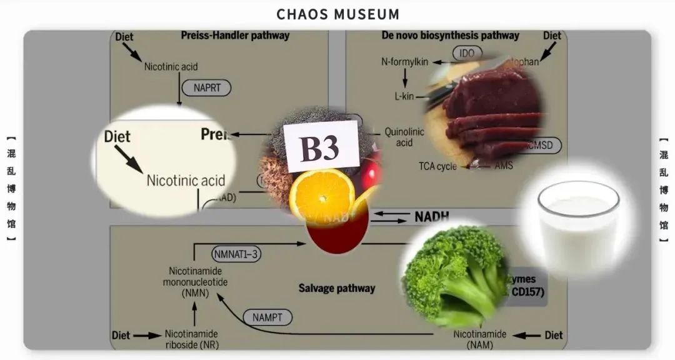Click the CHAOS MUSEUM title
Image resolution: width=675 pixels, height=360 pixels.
[337, 14]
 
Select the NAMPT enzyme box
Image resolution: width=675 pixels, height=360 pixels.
[267, 317]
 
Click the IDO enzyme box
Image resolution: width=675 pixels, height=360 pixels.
[467, 53]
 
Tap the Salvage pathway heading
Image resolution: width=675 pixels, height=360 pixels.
[337, 288]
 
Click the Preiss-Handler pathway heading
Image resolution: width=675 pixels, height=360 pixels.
[235, 36]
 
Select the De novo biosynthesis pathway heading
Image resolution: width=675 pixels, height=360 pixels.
[450, 36]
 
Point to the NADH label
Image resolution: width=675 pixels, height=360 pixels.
[432, 217]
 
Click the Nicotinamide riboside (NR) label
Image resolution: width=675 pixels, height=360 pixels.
[191, 339]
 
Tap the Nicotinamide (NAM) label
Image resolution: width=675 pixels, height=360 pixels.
[480, 339]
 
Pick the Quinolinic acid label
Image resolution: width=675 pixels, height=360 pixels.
[404, 137]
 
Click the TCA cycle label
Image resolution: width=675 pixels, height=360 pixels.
[437, 166]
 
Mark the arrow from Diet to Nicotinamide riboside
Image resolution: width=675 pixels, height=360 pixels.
[147, 335]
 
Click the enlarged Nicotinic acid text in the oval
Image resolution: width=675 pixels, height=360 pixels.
[186, 181]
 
